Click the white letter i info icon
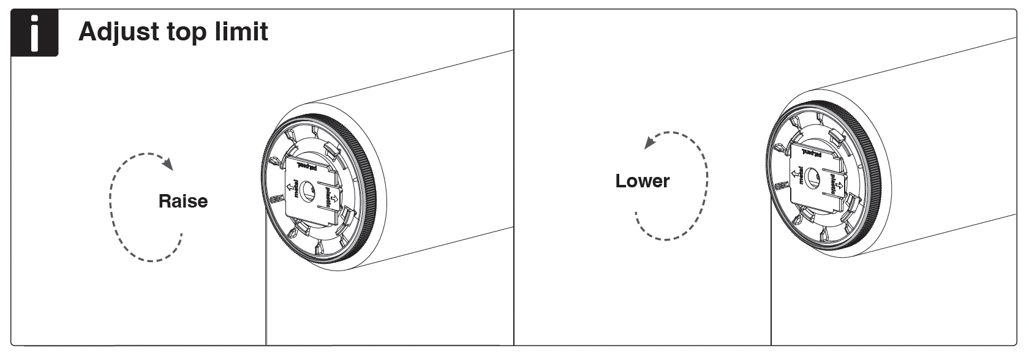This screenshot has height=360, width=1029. (34, 33)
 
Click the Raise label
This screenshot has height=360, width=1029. (183, 201)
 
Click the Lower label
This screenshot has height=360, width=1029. (642, 181)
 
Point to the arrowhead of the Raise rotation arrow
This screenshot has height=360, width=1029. (168, 164)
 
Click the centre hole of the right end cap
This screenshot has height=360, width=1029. (814, 178)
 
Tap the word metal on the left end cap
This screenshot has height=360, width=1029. (297, 190)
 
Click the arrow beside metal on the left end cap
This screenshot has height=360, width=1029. (290, 186)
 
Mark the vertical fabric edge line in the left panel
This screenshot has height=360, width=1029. (266, 282)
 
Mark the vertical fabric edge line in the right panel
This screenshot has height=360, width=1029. (771, 282)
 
